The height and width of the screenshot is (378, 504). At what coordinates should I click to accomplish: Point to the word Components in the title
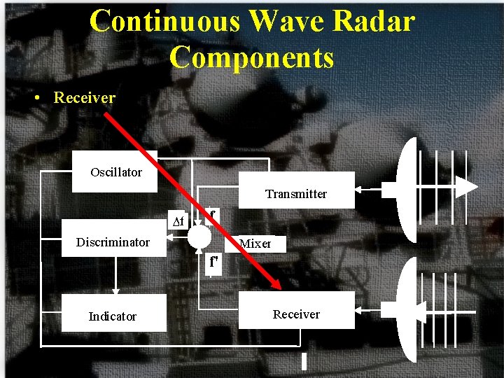(x=251, y=57)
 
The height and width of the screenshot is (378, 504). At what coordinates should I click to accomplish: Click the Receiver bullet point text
(x=84, y=98)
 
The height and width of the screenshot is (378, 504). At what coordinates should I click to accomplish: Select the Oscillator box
(x=115, y=172)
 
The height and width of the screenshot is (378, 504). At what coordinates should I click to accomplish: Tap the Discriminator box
(x=113, y=242)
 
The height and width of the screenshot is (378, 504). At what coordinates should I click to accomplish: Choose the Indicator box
(x=113, y=316)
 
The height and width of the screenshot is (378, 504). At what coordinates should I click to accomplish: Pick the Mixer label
(x=255, y=244)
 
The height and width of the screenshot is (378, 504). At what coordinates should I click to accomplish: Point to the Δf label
(x=178, y=223)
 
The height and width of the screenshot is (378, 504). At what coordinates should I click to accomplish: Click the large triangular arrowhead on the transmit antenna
(x=466, y=188)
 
